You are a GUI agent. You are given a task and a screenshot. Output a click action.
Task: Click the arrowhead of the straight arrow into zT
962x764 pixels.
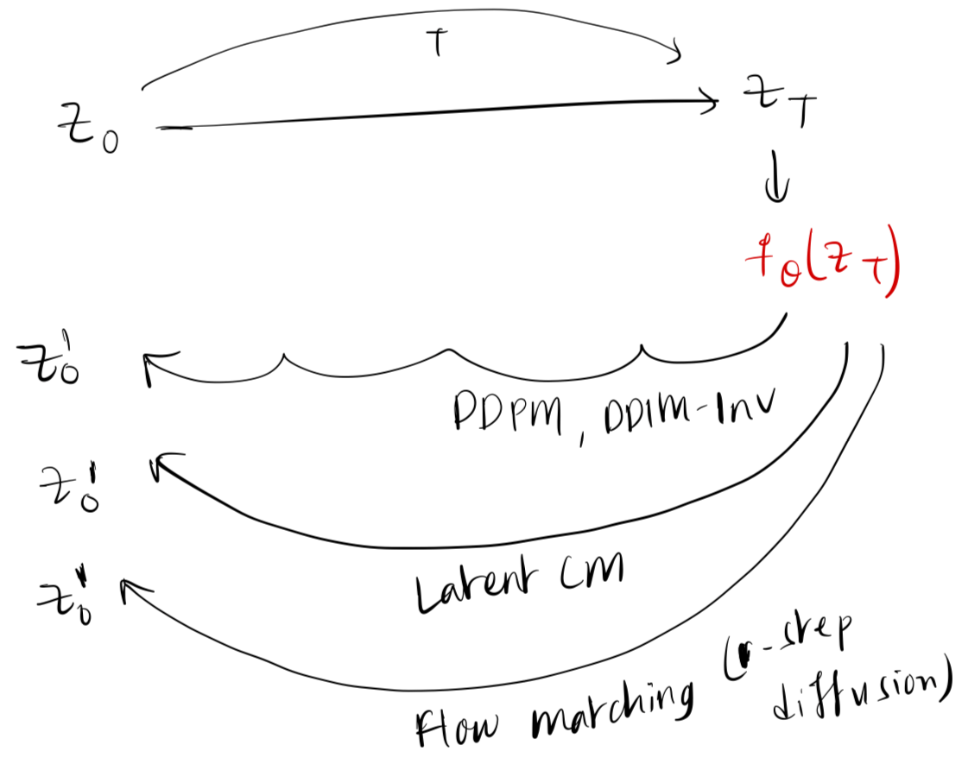pos(711,103)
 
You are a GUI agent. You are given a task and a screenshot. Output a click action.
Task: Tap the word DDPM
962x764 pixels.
pos(505,414)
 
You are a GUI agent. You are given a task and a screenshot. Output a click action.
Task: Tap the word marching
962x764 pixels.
pos(610,707)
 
